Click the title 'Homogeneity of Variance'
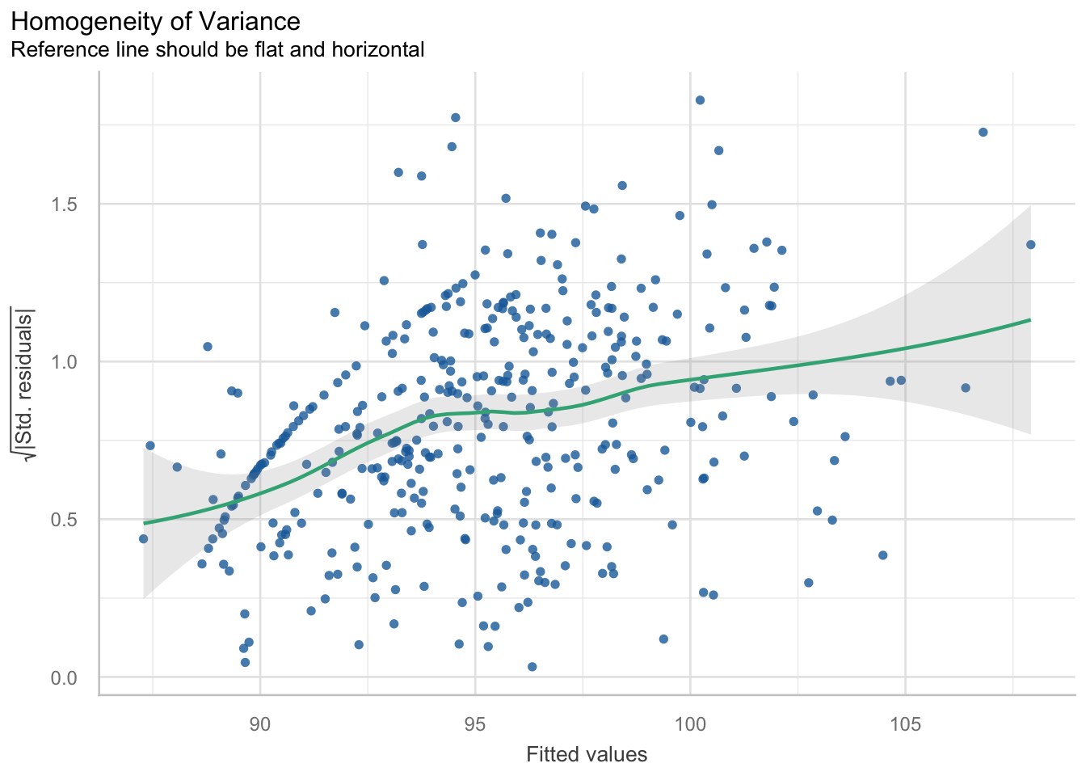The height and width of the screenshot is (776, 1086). coord(156,22)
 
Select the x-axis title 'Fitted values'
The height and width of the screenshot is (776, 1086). coord(587,755)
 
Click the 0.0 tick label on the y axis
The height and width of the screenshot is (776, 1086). coord(64,677)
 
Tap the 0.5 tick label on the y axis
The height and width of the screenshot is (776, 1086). coord(64,519)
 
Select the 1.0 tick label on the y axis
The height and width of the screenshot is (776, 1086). coord(64,361)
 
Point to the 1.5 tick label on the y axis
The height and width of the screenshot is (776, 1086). coord(64,204)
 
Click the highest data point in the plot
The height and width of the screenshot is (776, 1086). coord(700,100)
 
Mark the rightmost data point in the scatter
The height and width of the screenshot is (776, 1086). coord(1030,245)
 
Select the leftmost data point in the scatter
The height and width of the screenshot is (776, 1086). coord(143,539)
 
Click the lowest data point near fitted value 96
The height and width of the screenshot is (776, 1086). coord(532,667)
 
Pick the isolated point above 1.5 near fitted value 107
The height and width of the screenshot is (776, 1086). coord(983,132)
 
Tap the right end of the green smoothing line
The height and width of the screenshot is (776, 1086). coord(1030,320)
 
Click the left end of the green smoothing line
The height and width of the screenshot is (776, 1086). coord(144,524)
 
